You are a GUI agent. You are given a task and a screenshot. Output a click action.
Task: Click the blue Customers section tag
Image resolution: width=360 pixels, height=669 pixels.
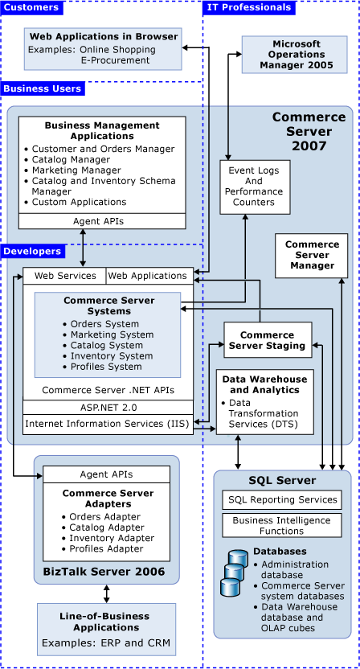point(31,7)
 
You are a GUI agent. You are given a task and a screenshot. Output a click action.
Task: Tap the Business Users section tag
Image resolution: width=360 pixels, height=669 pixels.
point(42,88)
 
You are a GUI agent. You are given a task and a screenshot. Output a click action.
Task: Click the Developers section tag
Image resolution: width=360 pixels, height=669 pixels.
point(33,251)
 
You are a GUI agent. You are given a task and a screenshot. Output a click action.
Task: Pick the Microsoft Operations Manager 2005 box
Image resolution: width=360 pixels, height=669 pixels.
point(284,54)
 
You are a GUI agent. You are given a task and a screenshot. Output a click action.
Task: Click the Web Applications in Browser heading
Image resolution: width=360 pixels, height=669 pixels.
point(104,36)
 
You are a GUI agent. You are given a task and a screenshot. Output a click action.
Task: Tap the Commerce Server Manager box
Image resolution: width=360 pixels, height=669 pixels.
point(312,255)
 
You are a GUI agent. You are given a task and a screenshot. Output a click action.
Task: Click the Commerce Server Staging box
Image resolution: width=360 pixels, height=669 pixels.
point(268,340)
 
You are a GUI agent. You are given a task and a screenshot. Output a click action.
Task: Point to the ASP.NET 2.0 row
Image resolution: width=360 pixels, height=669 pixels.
point(108,408)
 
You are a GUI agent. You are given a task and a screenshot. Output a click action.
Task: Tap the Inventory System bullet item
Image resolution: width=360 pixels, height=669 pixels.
point(111,355)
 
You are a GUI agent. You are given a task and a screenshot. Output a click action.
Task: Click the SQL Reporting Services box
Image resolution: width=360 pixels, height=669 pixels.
point(281,500)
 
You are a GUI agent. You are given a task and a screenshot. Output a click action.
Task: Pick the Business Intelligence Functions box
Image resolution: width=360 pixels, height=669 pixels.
point(281,526)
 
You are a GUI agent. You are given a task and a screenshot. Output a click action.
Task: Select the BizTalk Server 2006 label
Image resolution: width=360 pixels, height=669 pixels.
point(106,572)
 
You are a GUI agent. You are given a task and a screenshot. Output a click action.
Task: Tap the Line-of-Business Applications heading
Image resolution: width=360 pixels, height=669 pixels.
point(106,621)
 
